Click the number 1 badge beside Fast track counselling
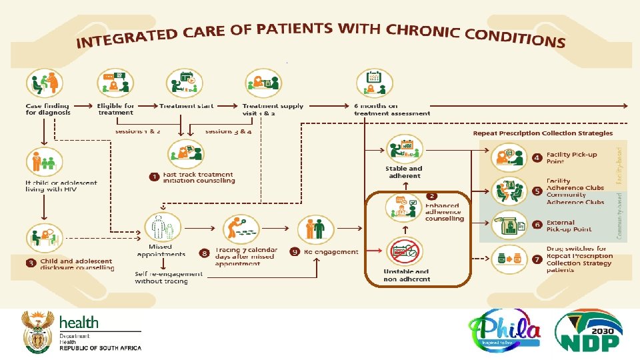point(154,177)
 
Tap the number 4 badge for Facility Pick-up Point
point(537,158)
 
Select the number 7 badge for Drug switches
point(537,257)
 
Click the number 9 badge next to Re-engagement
point(295,252)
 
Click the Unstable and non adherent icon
point(406,253)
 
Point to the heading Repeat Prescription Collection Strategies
point(543,133)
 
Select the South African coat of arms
point(38,331)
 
